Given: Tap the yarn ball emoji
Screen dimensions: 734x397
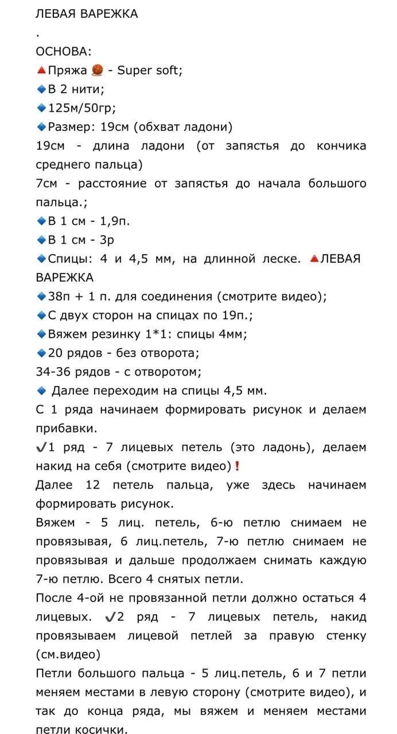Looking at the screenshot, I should [97, 70].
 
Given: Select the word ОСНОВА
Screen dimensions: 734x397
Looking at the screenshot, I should [62, 52].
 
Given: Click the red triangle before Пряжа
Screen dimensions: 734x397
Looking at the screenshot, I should [41, 70].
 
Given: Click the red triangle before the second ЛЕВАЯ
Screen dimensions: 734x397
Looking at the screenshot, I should [314, 259].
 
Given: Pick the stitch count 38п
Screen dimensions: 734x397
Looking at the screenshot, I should [59, 296].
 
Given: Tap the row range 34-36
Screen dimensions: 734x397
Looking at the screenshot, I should [56, 372].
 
